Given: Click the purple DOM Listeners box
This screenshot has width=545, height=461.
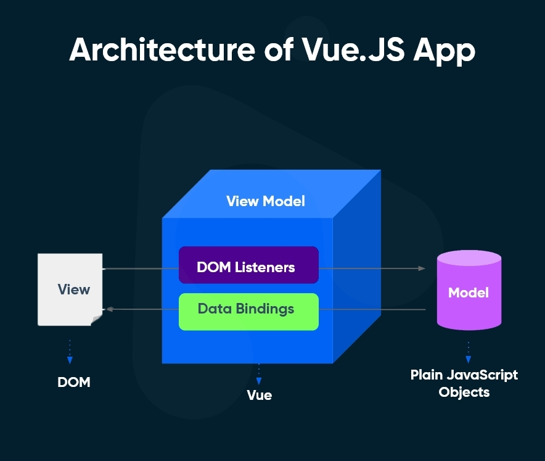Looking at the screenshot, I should pyautogui.click(x=248, y=265).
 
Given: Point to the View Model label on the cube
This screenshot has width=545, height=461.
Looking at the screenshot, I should pyautogui.click(x=266, y=201).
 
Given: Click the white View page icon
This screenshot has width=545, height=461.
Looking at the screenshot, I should pyautogui.click(x=70, y=289).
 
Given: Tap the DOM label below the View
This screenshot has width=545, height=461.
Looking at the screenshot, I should pyautogui.click(x=74, y=382).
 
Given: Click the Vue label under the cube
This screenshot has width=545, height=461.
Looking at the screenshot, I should pyautogui.click(x=259, y=395).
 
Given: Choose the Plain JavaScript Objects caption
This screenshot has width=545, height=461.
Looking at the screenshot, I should pyautogui.click(x=464, y=383).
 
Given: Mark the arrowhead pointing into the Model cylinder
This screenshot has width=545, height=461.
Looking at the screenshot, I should pyautogui.click(x=422, y=268).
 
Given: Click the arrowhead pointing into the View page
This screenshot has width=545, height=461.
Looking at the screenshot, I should pyautogui.click(x=110, y=309).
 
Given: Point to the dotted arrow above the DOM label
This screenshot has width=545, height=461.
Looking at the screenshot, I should pyautogui.click(x=70, y=352).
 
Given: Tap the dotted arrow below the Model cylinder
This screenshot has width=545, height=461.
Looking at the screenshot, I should pyautogui.click(x=469, y=352).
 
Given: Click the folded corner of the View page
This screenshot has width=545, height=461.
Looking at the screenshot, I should pyautogui.click(x=96, y=318).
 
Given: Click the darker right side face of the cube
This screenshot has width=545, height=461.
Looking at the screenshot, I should pyautogui.click(x=356, y=272).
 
